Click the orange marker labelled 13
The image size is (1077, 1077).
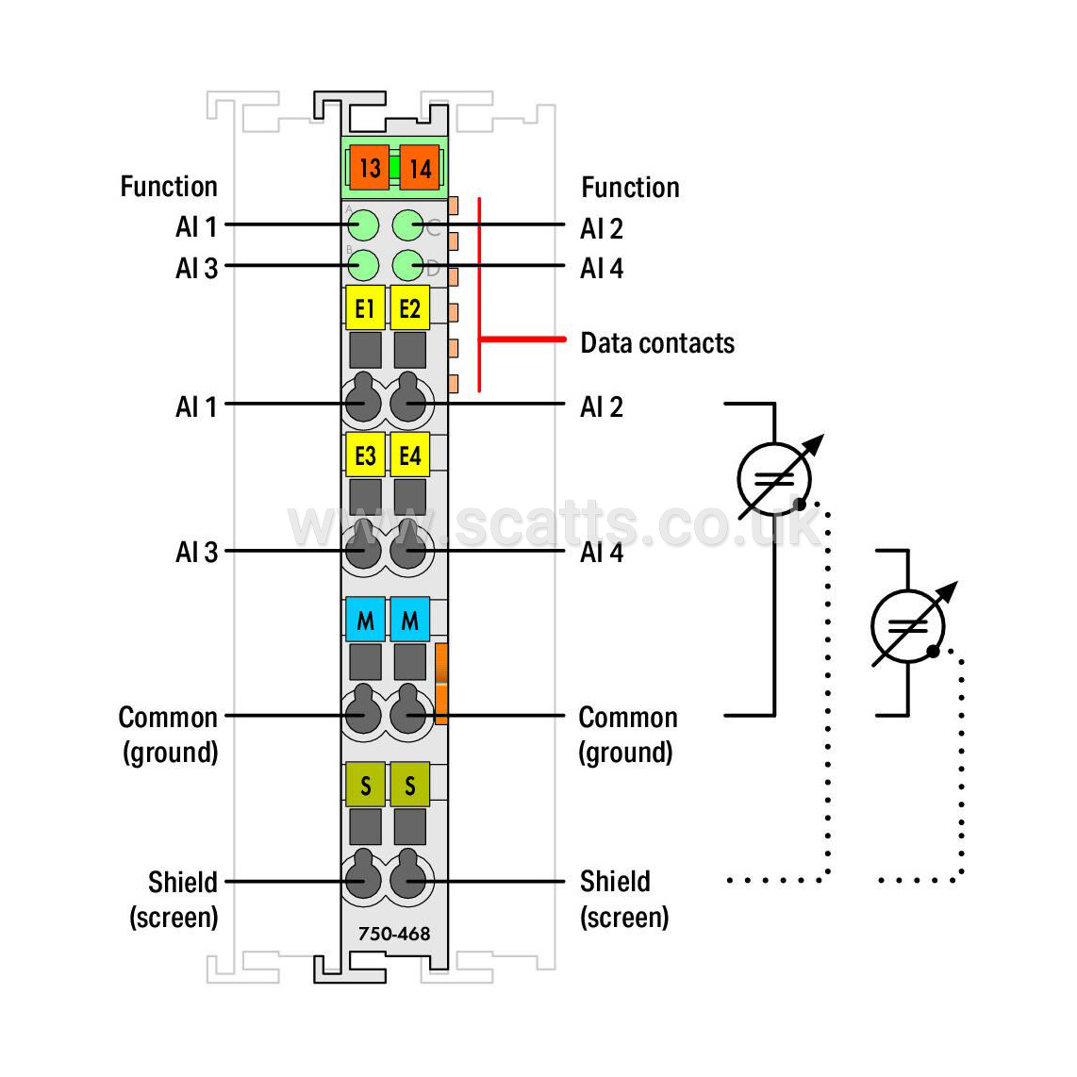tap(370, 168)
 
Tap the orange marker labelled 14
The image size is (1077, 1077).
tap(420, 168)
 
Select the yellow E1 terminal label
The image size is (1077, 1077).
tap(365, 308)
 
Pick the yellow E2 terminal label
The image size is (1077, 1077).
tap(410, 308)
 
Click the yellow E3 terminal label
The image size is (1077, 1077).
tap(365, 455)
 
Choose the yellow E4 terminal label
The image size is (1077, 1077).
tap(410, 455)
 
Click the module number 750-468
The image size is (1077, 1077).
tap(394, 934)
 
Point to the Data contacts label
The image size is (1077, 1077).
tap(657, 342)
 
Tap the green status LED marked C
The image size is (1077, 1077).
tap(408, 225)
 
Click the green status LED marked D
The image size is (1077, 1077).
tap(408, 265)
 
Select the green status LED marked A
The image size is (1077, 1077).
tap(363, 225)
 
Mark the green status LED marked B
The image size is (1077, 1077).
tap(363, 265)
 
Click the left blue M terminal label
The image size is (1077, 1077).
tap(365, 620)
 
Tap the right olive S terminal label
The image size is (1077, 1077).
tap(410, 785)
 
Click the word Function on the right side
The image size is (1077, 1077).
tap(631, 188)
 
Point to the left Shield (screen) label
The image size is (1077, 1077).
tap(174, 900)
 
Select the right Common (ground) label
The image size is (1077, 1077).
tap(628, 735)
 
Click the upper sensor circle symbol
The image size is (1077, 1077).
tap(774, 479)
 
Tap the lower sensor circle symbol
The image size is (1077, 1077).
tap(908, 625)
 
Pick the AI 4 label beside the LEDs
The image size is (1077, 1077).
tap(602, 268)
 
